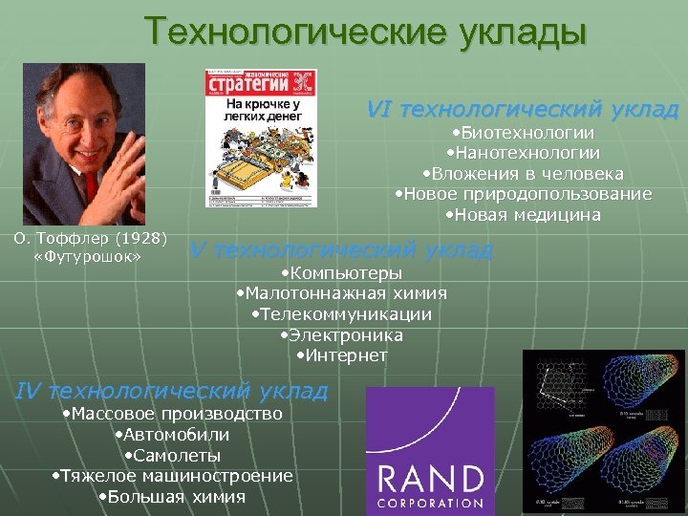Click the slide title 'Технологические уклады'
[366, 32]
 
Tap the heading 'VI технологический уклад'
[523, 109]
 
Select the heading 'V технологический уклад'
[341, 250]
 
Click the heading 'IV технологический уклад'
[173, 391]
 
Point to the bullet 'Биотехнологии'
[523, 133]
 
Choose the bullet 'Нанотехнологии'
[523, 153]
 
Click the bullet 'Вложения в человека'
[523, 174]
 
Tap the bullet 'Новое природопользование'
[523, 194]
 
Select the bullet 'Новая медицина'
[523, 215]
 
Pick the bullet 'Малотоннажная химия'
[341, 293]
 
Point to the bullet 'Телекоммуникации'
[341, 314]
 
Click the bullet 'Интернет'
[341, 355]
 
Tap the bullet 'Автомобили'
[171, 435]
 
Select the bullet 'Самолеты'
[172, 456]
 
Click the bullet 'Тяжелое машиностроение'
[172, 476]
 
